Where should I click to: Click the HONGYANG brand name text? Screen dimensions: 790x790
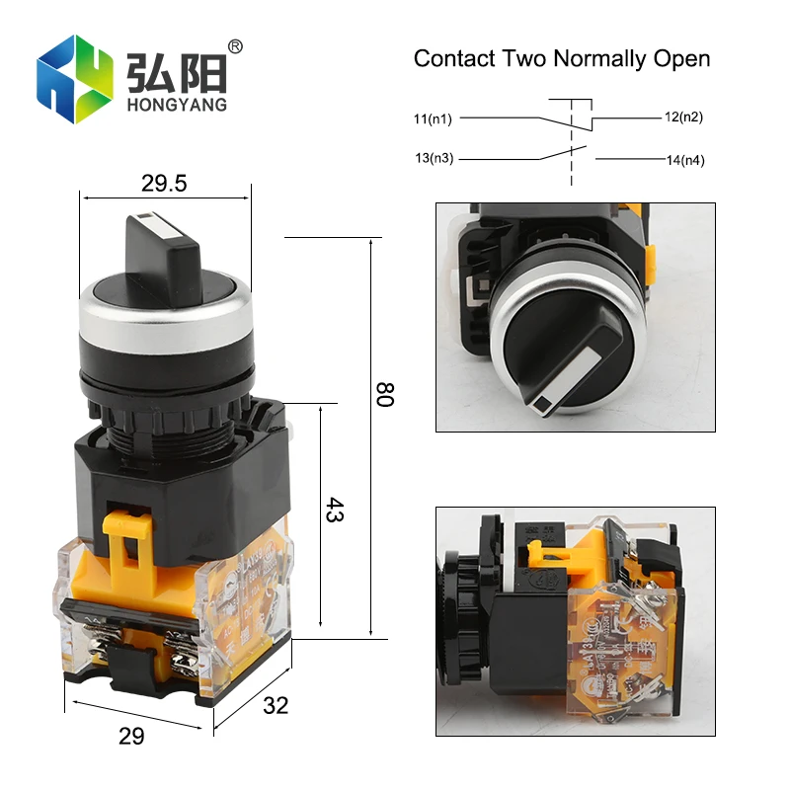coord(177,104)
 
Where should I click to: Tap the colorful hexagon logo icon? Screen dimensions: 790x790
coord(75,79)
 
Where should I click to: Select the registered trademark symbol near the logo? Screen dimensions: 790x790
coord(235,46)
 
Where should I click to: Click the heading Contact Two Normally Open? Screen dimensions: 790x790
coord(561,58)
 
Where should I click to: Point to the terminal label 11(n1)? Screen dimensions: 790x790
coord(433,119)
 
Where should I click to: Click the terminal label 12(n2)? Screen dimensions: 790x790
coord(683,117)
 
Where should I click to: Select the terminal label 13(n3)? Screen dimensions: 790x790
coord(434,157)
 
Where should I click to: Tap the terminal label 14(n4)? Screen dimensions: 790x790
coord(684,160)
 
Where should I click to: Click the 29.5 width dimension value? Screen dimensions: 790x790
coord(164,183)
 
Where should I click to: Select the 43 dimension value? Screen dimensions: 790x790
coord(335,511)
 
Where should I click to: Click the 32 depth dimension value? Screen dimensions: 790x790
coord(276,704)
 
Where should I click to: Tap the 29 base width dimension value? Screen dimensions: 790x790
coord(130,736)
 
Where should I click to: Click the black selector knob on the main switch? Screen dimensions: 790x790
coord(164,242)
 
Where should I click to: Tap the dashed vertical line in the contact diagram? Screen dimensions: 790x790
coord(570,148)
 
